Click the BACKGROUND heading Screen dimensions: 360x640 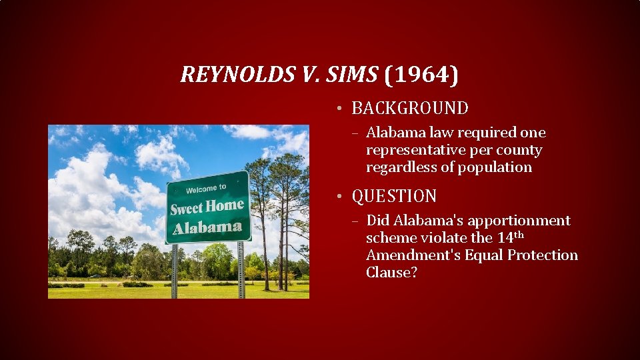[409, 108]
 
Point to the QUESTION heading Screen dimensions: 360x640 [394, 197]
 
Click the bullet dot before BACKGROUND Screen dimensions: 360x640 [339, 109]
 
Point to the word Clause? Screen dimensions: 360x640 [391, 273]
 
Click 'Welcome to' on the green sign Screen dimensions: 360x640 [206, 189]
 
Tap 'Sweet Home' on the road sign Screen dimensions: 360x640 [207, 207]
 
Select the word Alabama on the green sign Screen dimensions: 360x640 [207, 227]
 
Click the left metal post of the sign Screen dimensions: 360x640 [175, 270]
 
